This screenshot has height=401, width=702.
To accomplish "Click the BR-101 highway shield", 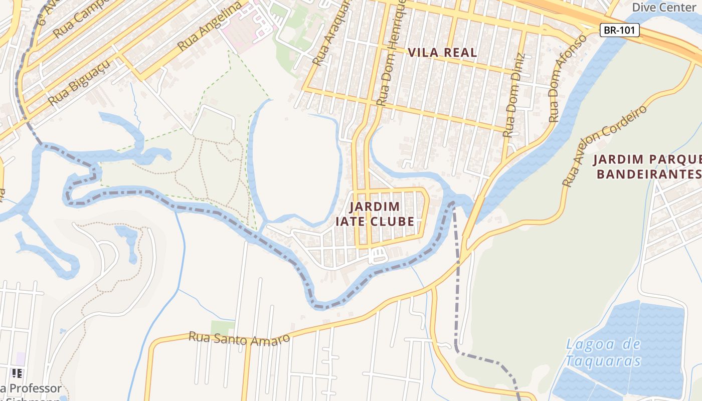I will click(x=620, y=30).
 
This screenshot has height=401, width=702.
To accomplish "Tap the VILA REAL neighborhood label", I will click(x=442, y=53).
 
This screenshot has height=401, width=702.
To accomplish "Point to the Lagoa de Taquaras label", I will click(x=603, y=352).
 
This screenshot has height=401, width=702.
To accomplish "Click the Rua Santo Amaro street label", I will click(x=239, y=339).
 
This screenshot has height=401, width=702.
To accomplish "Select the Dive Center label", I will click(x=663, y=7).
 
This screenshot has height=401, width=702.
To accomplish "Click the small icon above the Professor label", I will click(x=17, y=373).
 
